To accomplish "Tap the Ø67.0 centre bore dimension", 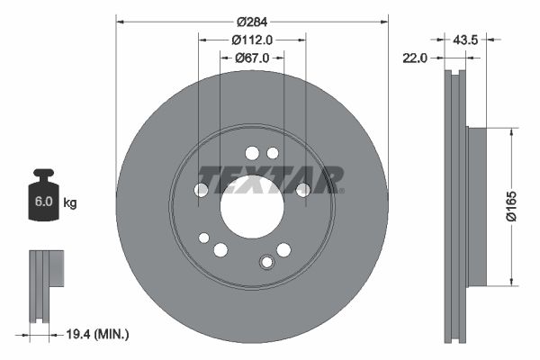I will pyautogui.click(x=252, y=58).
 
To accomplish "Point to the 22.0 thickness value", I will pyautogui.click(x=415, y=58).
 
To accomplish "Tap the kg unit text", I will pyautogui.click(x=70, y=203).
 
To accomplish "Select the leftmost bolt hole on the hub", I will pyautogui.click(x=202, y=190).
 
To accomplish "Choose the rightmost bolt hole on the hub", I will pyautogui.click(x=303, y=189).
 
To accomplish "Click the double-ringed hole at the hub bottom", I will pyautogui.click(x=266, y=263).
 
